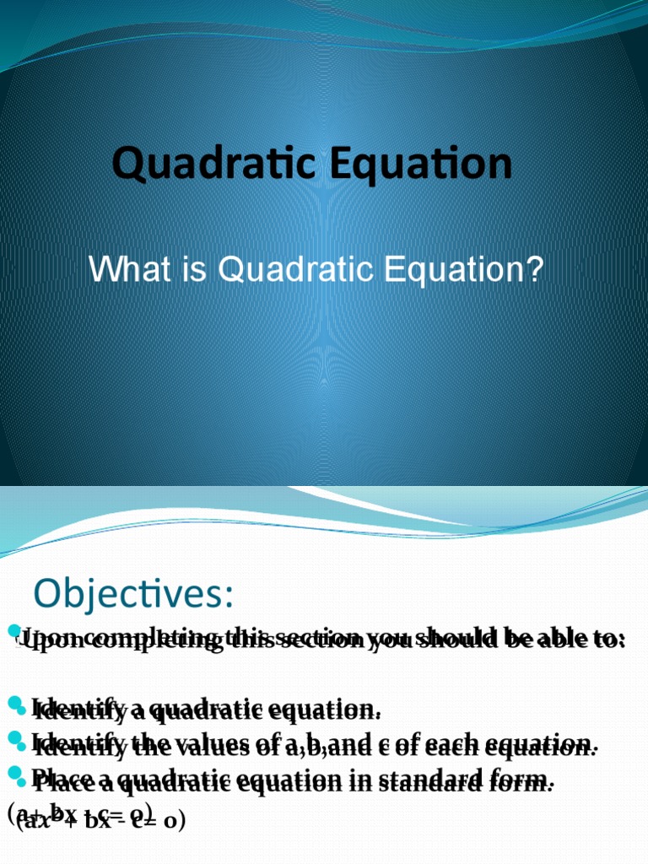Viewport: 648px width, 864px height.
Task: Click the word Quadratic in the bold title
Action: click(x=215, y=165)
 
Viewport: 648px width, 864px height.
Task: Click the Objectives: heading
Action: click(x=133, y=593)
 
